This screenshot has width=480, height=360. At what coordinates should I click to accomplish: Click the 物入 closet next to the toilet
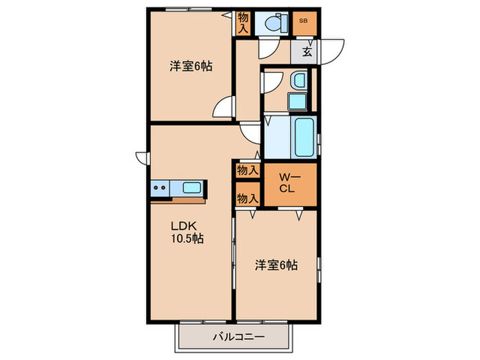[x=243, y=23]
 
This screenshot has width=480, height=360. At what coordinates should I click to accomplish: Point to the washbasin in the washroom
[x=298, y=81]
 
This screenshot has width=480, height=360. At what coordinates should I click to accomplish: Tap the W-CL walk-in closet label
[x=286, y=184]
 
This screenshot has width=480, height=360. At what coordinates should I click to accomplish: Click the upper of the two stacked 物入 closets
[x=247, y=170]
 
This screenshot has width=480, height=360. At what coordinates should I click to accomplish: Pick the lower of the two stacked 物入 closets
[x=247, y=197]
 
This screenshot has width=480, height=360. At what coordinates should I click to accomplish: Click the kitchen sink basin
[x=192, y=187]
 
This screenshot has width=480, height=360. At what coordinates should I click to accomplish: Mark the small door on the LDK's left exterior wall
[x=143, y=158]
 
